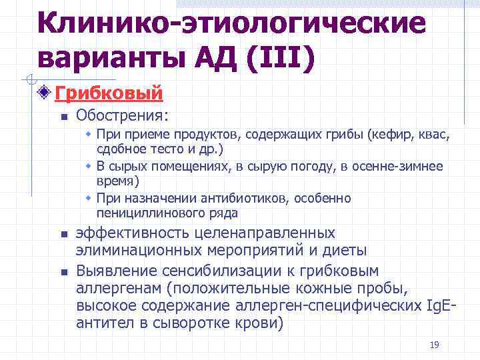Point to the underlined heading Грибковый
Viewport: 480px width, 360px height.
(x=109, y=93)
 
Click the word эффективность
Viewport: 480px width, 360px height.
(x=132, y=234)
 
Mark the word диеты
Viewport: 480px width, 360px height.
(x=345, y=251)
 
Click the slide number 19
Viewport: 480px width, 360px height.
(x=435, y=345)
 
